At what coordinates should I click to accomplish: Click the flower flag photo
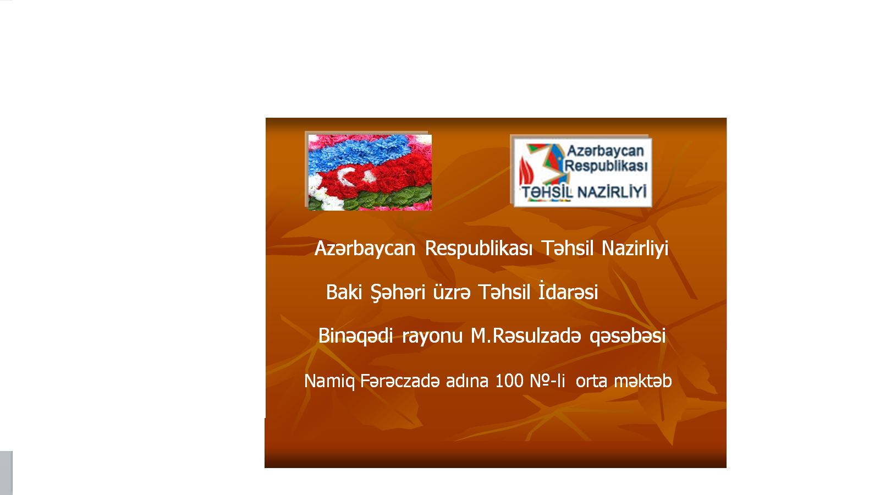point(370,173)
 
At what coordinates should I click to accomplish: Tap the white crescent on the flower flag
point(344,175)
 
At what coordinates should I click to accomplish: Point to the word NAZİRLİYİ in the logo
point(612,192)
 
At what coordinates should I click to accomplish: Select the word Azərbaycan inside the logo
point(606,151)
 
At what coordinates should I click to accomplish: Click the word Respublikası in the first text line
point(479,248)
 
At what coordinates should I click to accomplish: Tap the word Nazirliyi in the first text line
point(635,248)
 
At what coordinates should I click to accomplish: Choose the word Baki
point(344,292)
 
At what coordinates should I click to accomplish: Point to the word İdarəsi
point(568,291)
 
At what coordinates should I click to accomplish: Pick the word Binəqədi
point(355,336)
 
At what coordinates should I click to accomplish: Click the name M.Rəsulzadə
point(526,336)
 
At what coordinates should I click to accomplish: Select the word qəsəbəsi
point(628,337)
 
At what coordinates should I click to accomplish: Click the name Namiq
point(329,382)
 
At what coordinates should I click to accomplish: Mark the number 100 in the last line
point(509,381)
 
